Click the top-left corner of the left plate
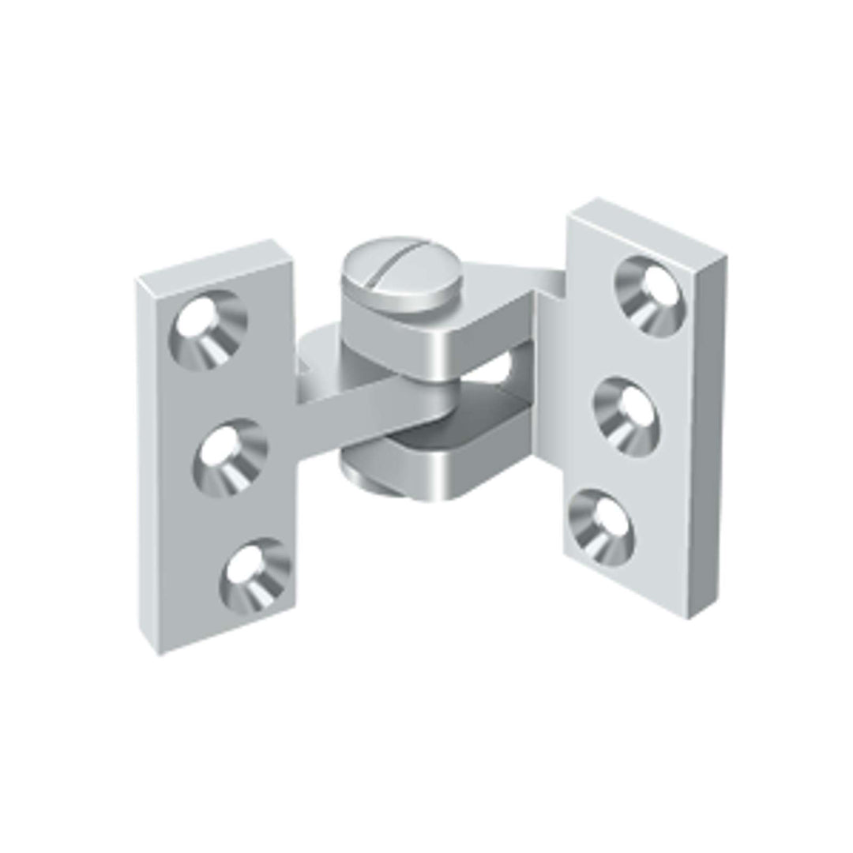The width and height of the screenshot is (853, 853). click(137, 280)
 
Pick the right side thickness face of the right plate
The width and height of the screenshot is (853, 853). click(708, 434)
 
